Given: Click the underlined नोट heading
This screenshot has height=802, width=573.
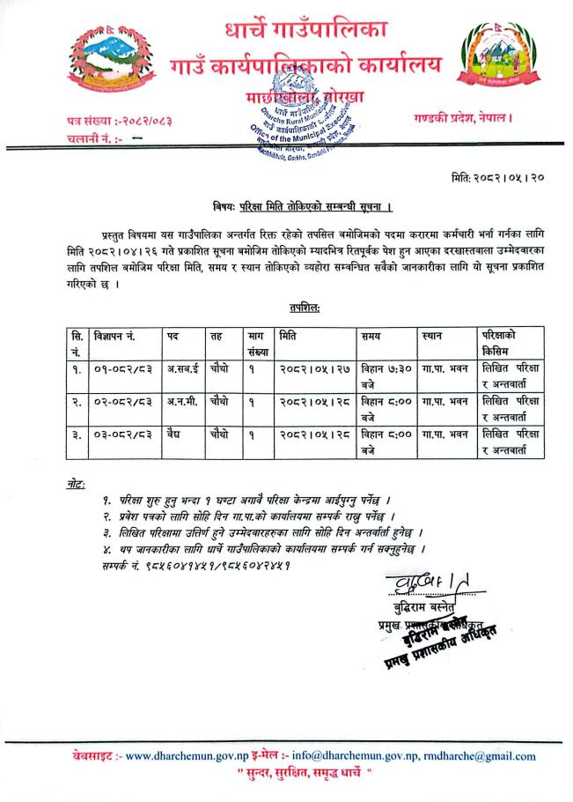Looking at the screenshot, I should pos(77,485).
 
